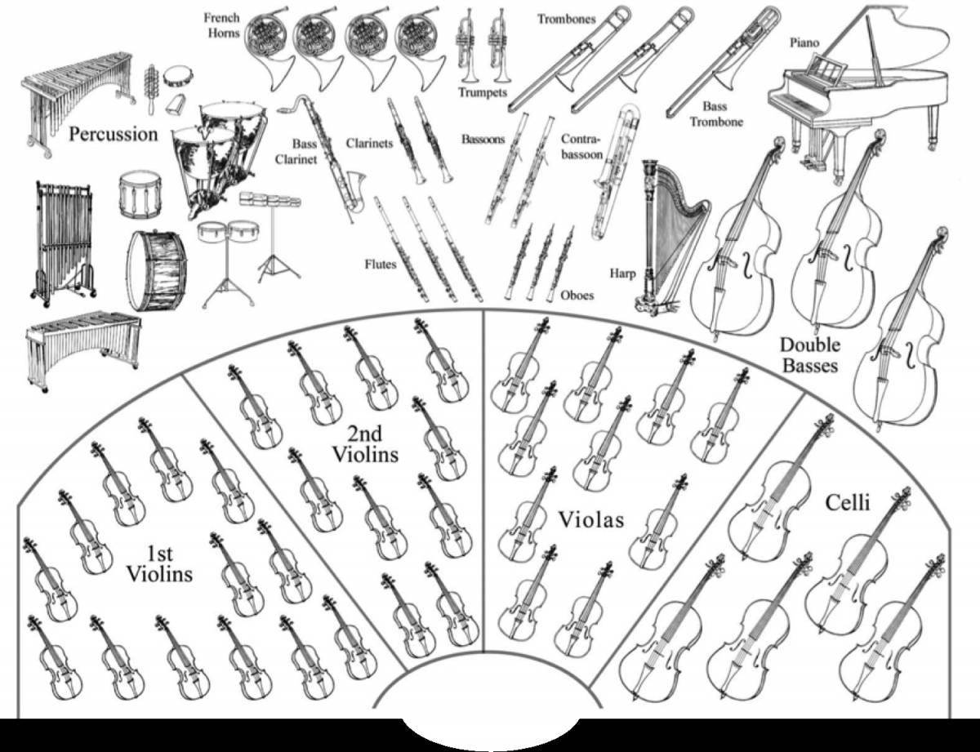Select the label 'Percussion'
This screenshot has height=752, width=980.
(x=113, y=134)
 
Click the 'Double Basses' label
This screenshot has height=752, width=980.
(x=809, y=355)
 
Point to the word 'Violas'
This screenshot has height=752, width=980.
(x=590, y=519)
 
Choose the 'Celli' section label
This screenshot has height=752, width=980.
(x=848, y=503)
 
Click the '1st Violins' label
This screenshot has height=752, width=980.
(x=159, y=564)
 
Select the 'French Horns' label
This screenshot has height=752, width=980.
(x=221, y=25)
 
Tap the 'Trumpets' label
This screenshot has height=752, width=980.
(x=482, y=92)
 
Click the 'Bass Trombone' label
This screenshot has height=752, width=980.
(x=716, y=114)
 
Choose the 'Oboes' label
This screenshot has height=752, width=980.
(x=577, y=296)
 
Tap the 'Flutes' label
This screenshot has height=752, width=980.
(x=381, y=265)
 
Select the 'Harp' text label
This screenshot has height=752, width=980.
(x=622, y=274)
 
